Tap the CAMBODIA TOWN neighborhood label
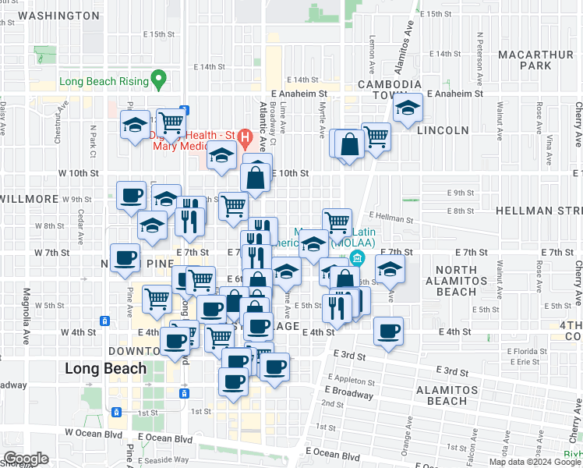tap(390, 89)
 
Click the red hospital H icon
tap(246, 141)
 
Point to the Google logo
tap(26, 458)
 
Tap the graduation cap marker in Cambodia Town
tap(407, 109)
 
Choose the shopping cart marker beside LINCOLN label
tap(376, 136)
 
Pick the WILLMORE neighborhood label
tap(28, 199)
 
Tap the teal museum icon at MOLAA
tap(358, 258)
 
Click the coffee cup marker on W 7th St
tap(125, 258)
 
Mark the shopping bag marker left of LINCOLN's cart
tap(350, 144)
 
